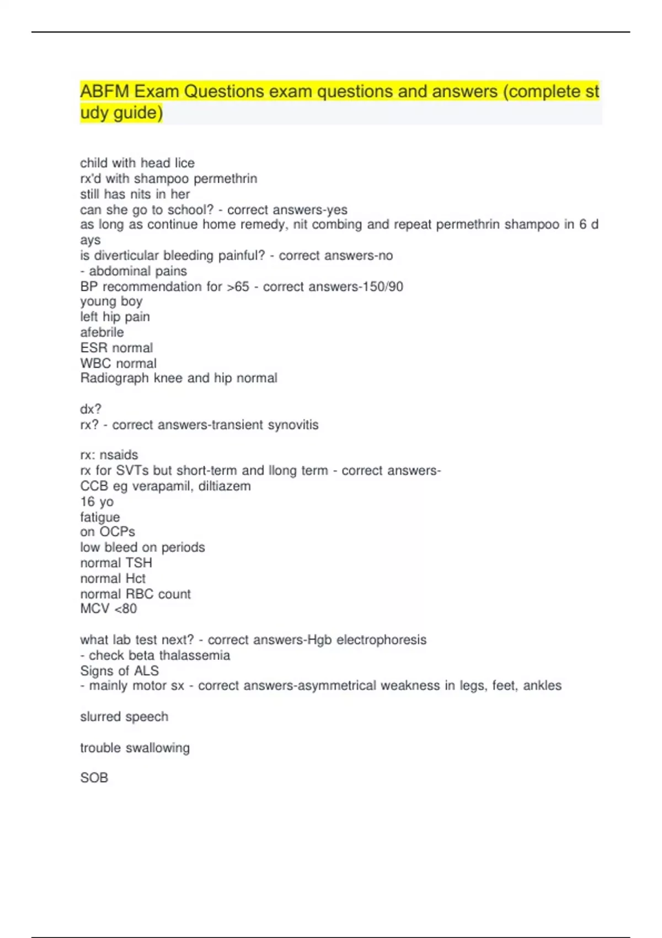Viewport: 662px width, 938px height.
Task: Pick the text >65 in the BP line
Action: tap(238, 286)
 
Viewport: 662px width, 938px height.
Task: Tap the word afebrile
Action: tap(102, 332)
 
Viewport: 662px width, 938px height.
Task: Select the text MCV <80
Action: tap(108, 609)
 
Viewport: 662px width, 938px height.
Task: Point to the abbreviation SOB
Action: tap(94, 777)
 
